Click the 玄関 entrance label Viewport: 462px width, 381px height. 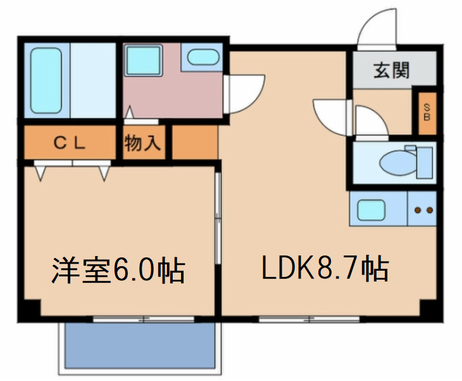(391, 69)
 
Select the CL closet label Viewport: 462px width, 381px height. (69, 143)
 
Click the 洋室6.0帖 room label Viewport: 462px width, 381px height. (118, 271)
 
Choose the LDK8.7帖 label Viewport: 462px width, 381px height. (325, 271)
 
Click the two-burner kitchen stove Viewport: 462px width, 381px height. (422, 210)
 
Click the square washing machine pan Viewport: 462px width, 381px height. (143, 61)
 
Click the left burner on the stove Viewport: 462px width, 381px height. (417, 210)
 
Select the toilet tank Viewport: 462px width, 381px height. (425, 162)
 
